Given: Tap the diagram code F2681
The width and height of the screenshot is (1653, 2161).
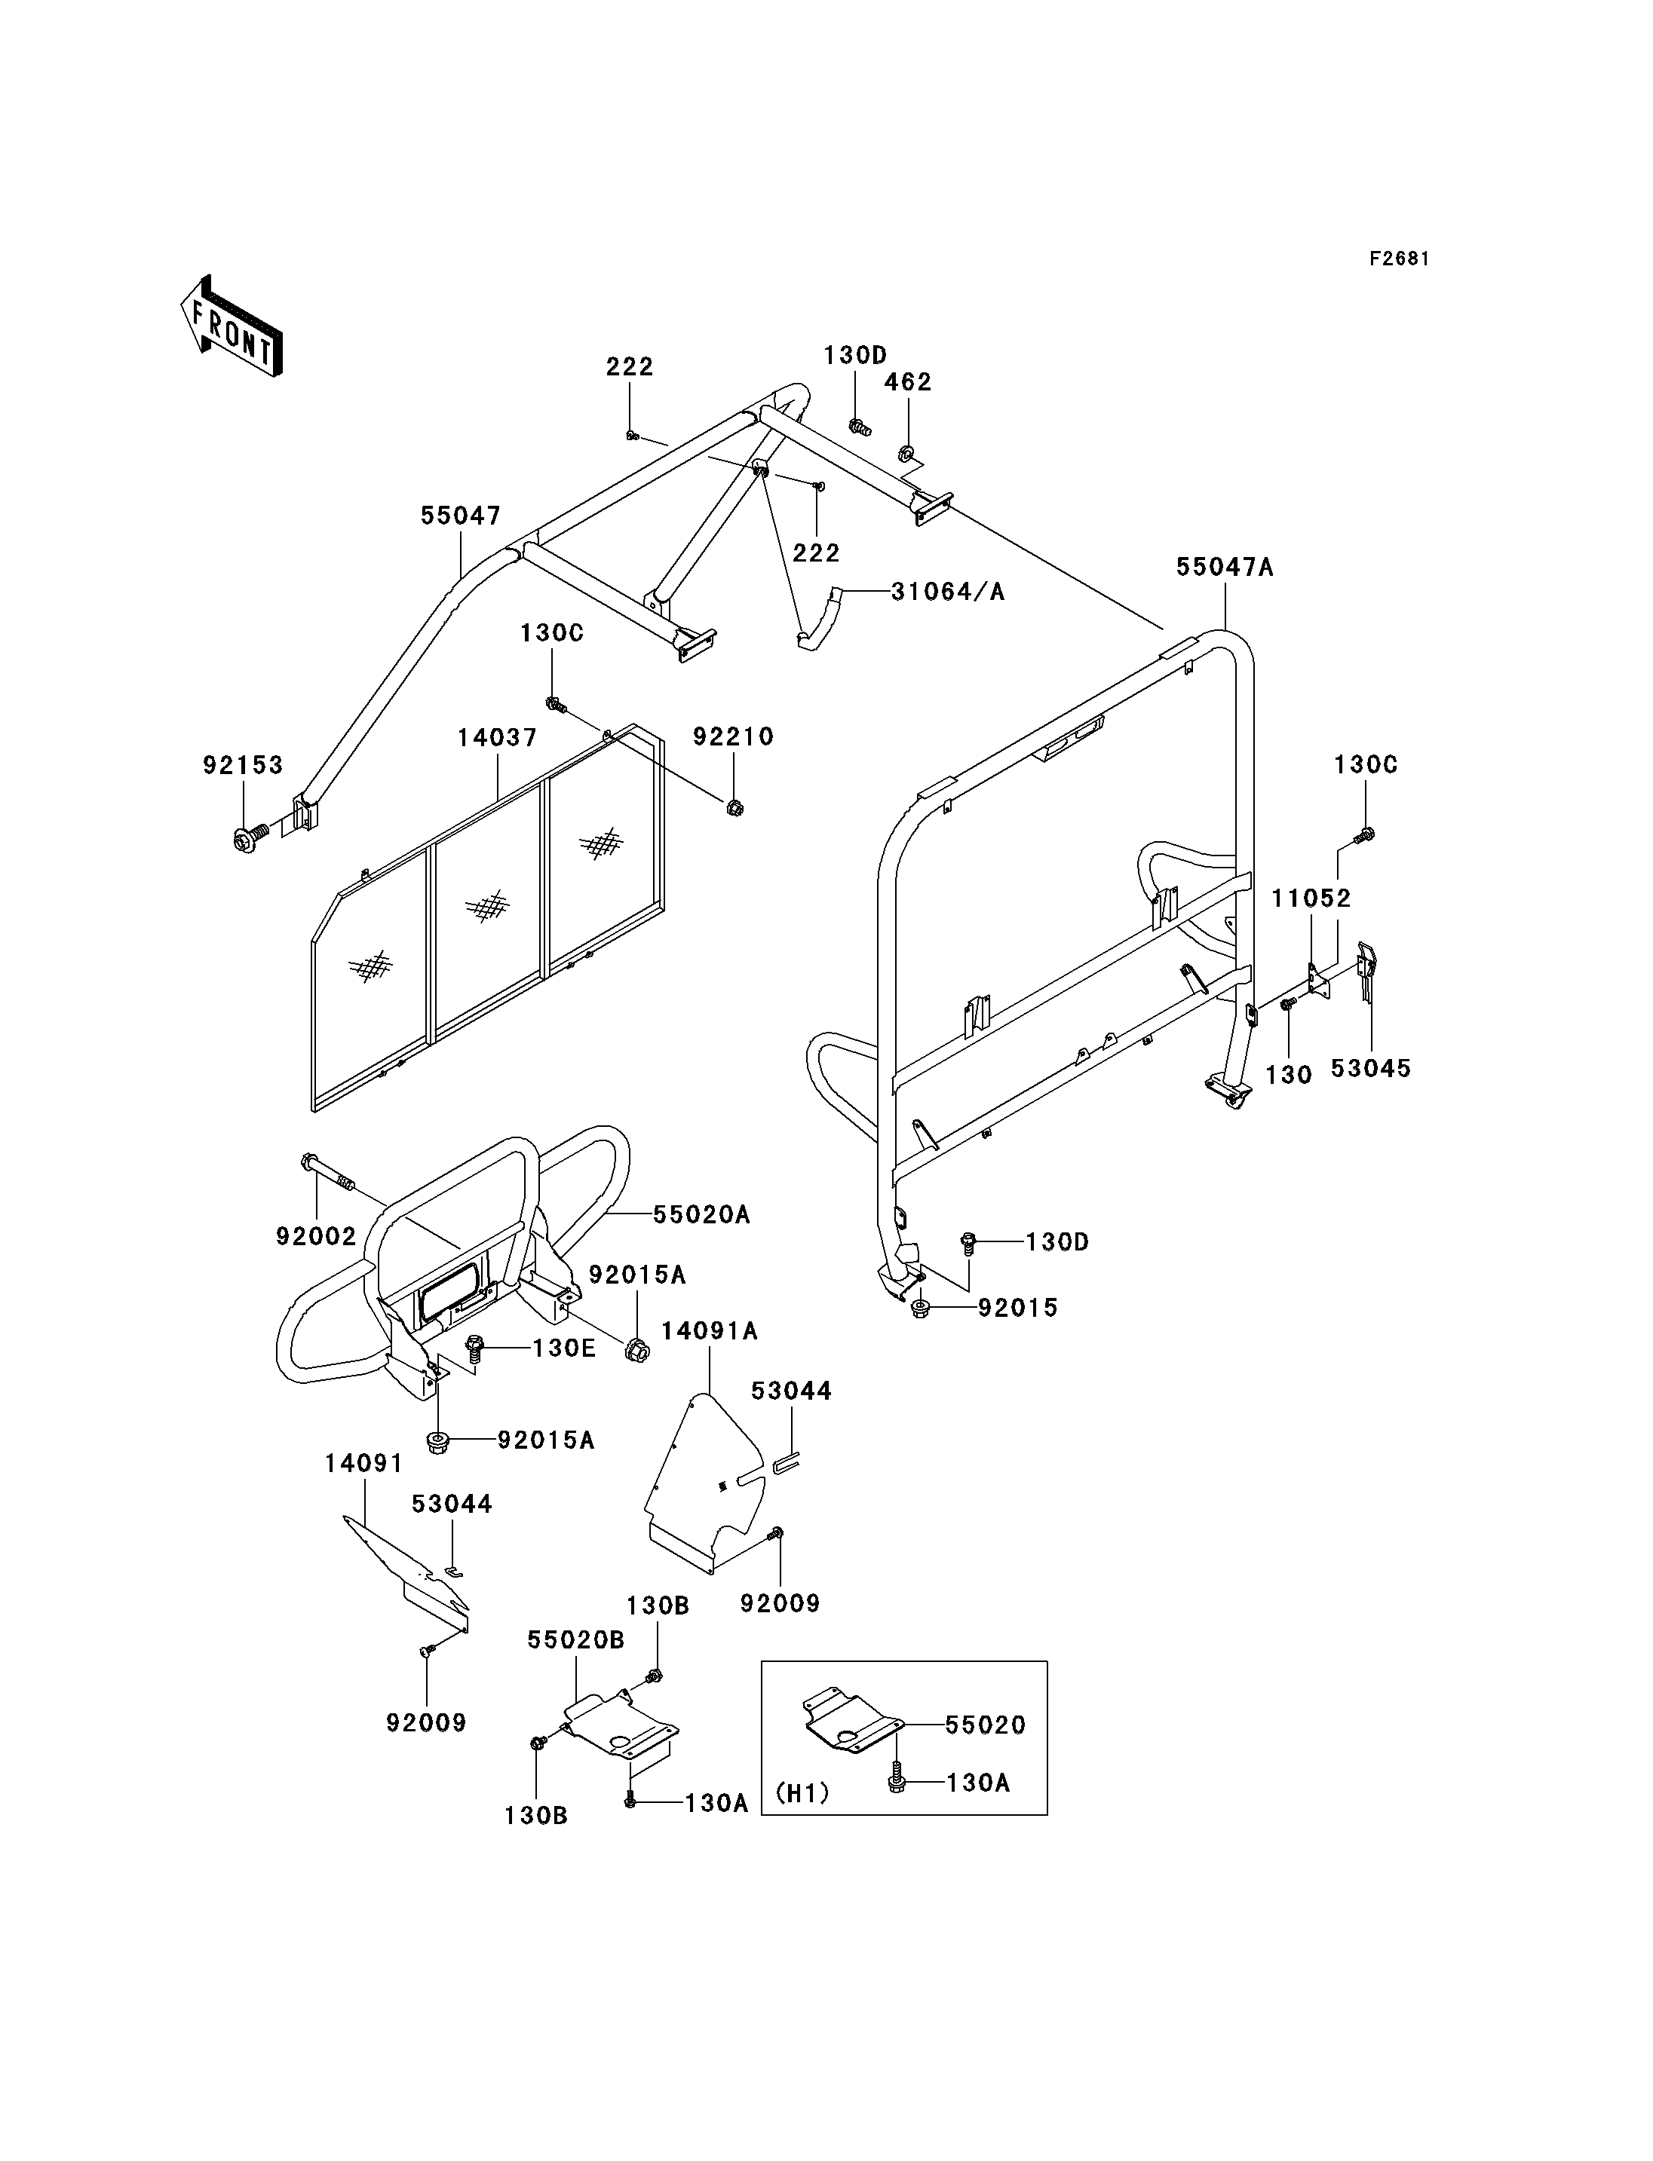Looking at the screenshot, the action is click(x=1399, y=259).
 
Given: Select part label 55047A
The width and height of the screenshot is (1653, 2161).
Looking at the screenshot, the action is click(x=1225, y=568).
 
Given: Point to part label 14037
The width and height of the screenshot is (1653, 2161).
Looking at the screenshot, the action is click(x=498, y=738).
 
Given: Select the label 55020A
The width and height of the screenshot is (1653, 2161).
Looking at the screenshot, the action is click(x=701, y=1215).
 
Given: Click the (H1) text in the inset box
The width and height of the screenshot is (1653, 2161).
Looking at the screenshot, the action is click(x=803, y=1793).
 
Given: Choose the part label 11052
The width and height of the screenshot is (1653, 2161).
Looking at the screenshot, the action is click(x=1311, y=898).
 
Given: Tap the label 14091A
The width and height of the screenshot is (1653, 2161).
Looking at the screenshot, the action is click(x=710, y=1331).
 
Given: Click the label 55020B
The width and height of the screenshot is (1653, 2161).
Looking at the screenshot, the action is click(x=575, y=1639).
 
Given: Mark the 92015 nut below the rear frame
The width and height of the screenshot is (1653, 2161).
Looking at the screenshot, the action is click(x=921, y=1309).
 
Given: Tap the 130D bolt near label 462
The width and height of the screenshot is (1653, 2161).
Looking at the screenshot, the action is click(x=859, y=427).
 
